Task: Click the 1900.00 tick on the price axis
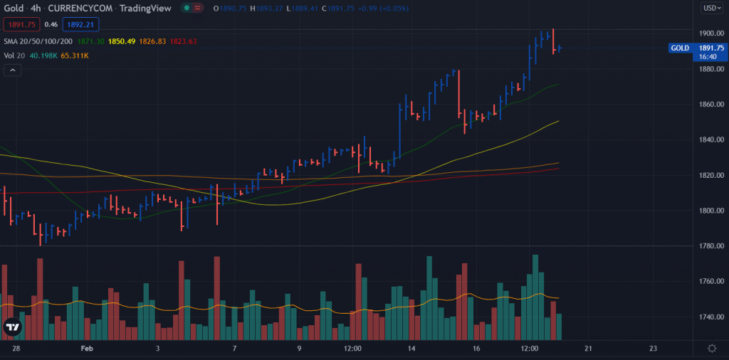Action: coord(711,33)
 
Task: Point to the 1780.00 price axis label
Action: coord(711,246)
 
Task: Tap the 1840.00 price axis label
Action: coord(711,139)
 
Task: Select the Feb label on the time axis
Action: coord(87,349)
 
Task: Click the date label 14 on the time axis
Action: coord(411,349)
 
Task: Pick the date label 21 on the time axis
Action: coord(587,349)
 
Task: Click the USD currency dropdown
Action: coord(711,9)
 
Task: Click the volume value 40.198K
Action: coord(43,55)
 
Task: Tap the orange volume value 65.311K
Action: coord(75,55)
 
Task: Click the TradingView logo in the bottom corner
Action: coord(12,327)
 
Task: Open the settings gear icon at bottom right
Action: coord(712,349)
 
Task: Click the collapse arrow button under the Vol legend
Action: coord(12,70)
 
